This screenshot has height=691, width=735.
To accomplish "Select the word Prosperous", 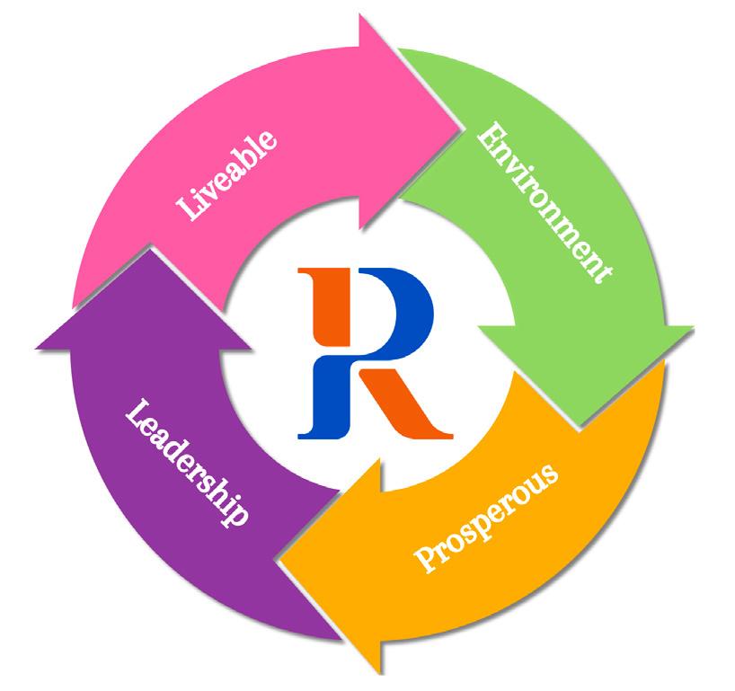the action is pyautogui.click(x=486, y=519).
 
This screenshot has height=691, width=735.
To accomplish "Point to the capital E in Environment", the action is pyautogui.click(x=489, y=136).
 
